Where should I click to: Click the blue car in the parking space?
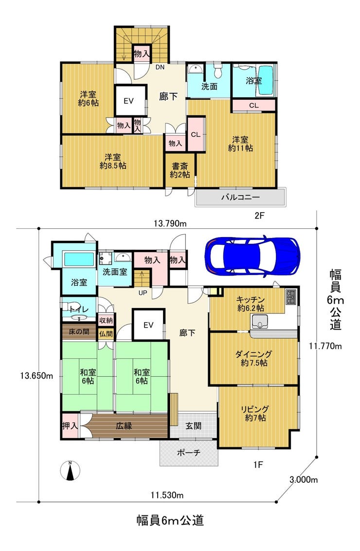pos(252,256)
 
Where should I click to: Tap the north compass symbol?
pos(70,470)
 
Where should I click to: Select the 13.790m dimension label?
pos(170,223)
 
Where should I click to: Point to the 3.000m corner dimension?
pos(304,479)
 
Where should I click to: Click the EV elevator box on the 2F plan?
pos(129,100)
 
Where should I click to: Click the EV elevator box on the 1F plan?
pos(148,325)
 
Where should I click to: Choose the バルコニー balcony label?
pos(240,197)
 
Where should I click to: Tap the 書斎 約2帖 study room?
pos(180,170)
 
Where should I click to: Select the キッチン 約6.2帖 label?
pos(250,304)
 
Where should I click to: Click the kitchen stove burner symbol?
pos(291,297)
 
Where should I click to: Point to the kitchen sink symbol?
pos(259,321)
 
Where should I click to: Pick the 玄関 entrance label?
pos(193,426)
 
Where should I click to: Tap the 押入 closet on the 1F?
pos(70,425)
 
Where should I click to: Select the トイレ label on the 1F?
pos(78,310)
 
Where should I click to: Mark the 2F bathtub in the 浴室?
pos(266,80)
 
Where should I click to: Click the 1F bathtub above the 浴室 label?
pos(79,259)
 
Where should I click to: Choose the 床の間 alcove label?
pos(79,332)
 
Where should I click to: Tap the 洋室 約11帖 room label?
pos(241,144)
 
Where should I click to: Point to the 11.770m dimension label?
pos(325,346)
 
